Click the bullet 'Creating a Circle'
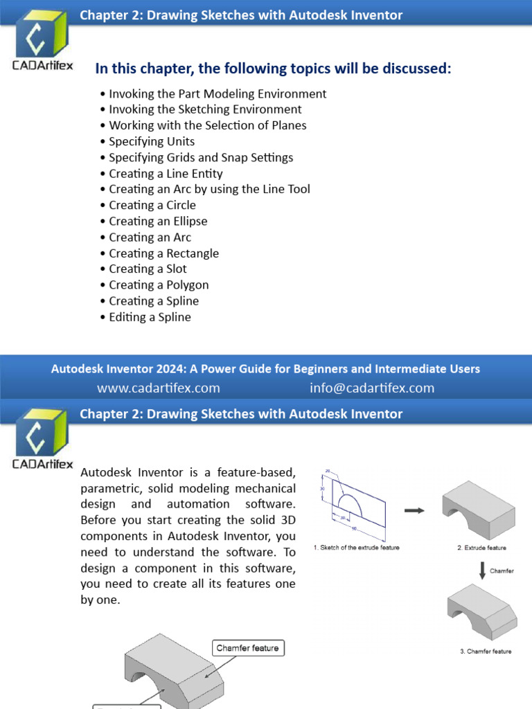coord(152,205)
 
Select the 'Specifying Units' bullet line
coord(152,141)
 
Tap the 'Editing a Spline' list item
coord(150,317)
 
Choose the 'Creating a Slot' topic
coord(148,269)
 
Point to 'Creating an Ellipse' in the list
coord(158,221)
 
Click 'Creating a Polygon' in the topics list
coord(159,285)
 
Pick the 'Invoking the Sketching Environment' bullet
coord(205,109)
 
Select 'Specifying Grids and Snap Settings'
coord(201,157)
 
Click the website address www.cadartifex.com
coord(159,388)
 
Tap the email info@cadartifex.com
coord(372,388)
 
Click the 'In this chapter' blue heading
coord(273,69)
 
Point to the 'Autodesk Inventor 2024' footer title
coord(265,369)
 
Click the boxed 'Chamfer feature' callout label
coord(247,648)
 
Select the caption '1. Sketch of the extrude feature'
coord(357,548)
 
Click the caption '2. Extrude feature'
coord(481,548)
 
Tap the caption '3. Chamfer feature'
coord(486,652)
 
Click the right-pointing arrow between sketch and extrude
coord(414,510)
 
